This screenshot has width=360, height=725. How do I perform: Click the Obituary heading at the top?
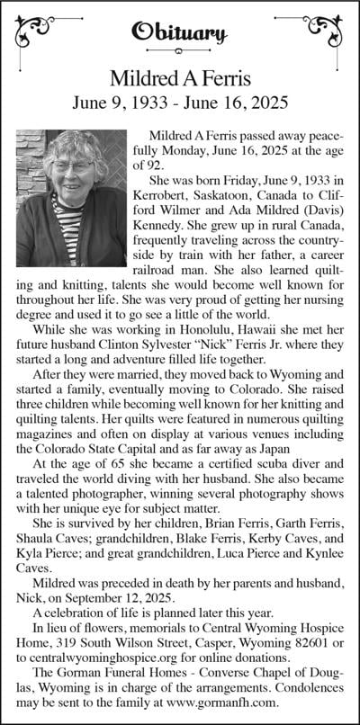click(x=179, y=33)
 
